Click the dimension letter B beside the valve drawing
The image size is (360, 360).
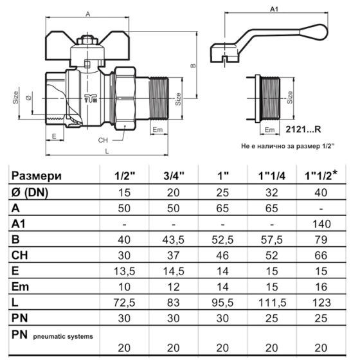point(193,66)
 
